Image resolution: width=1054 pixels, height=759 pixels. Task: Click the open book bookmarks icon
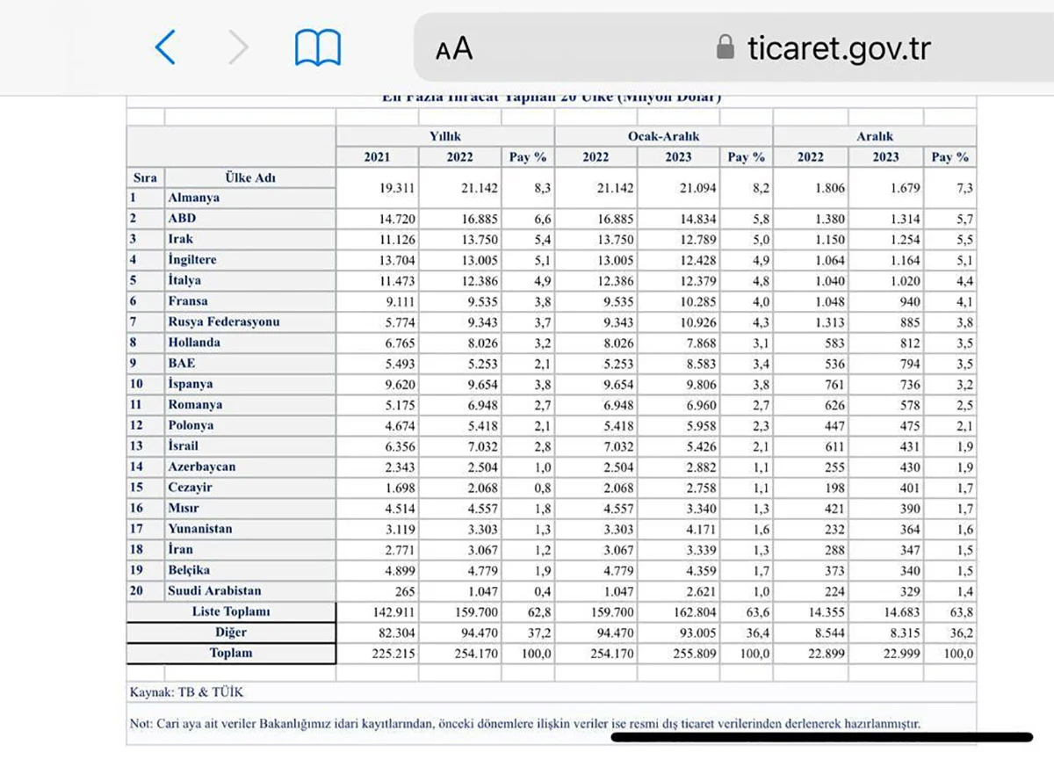coord(317,47)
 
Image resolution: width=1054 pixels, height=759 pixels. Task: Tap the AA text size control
coord(454,49)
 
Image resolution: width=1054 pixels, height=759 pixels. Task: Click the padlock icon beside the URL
coord(726,47)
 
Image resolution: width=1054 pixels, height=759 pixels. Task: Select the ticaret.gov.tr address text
coord(839,48)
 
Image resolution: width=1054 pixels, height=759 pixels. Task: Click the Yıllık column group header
coord(444,136)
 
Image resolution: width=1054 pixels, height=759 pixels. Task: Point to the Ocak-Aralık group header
coord(663,136)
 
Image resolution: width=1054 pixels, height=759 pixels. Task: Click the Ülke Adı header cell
coord(249,177)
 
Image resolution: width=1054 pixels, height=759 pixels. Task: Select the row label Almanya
coord(194,198)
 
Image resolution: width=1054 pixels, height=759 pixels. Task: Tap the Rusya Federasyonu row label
coord(224,322)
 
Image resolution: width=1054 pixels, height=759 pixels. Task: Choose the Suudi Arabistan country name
coord(214,591)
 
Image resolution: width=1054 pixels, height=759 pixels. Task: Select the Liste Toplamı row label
coord(231,611)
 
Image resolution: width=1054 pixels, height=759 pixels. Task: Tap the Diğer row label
coord(231,632)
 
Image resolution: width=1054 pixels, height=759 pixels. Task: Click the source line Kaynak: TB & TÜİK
coord(186,692)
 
